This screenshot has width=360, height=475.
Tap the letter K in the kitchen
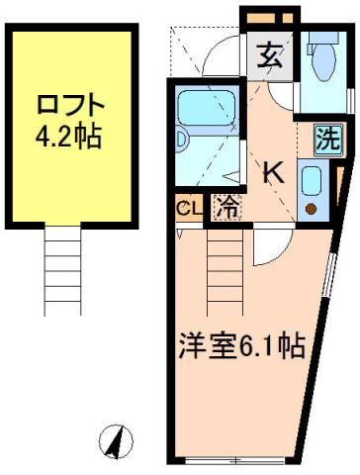point(272,171)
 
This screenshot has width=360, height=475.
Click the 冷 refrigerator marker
point(226,209)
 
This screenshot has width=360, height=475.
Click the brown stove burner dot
point(312,209)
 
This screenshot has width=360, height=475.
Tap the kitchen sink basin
point(312,181)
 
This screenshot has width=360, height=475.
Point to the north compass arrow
point(116,439)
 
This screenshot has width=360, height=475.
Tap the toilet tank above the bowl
point(320,43)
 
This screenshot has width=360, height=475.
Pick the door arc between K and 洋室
point(268,243)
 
